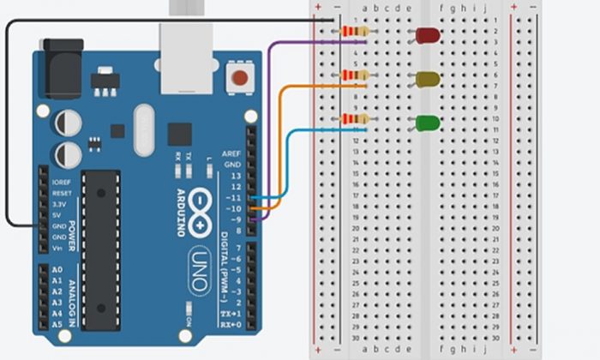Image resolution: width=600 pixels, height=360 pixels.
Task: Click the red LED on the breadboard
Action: point(428,35)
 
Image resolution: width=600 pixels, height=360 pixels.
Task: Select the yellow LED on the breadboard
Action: point(428,80)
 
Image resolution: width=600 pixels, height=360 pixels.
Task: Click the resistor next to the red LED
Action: point(354,33)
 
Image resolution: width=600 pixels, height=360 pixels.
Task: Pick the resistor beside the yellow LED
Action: point(354,75)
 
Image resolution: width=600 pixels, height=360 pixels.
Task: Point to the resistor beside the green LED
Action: point(354,118)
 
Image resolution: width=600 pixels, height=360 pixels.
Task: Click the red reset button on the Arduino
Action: point(240,80)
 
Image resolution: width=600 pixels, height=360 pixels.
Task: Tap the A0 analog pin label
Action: point(57,270)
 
